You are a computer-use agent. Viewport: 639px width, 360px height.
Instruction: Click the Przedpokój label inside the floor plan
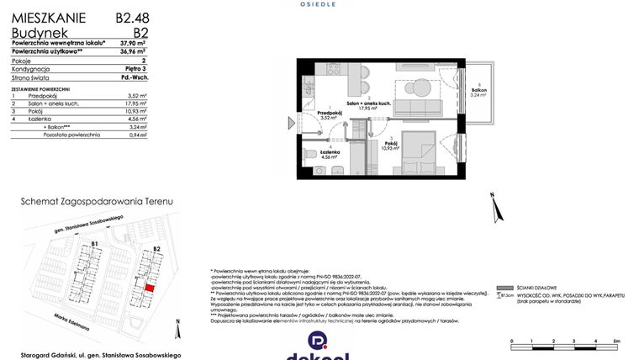click(x=328, y=113)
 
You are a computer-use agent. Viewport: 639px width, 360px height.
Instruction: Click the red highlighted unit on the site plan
click(x=150, y=286)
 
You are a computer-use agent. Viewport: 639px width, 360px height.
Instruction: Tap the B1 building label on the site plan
click(x=95, y=245)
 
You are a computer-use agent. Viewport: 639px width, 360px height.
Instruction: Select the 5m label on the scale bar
click(x=616, y=341)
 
